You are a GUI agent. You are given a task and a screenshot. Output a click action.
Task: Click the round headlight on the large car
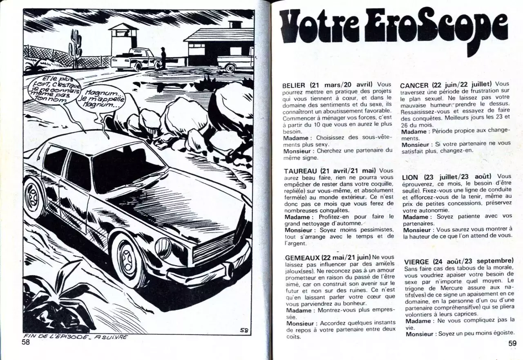tap(163, 248)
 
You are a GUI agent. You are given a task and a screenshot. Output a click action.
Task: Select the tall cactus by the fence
tap(76, 48)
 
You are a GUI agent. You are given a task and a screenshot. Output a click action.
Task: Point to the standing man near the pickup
tap(163, 58)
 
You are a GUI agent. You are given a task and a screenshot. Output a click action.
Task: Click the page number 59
tap(512, 344)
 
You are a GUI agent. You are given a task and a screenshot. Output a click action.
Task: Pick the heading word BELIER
tap(294, 85)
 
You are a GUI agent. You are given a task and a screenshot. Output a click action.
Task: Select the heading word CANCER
tap(414, 85)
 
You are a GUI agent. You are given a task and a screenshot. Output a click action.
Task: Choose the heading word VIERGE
tap(416, 262)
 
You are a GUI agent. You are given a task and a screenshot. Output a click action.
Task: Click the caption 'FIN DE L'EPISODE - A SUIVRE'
tap(76, 337)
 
